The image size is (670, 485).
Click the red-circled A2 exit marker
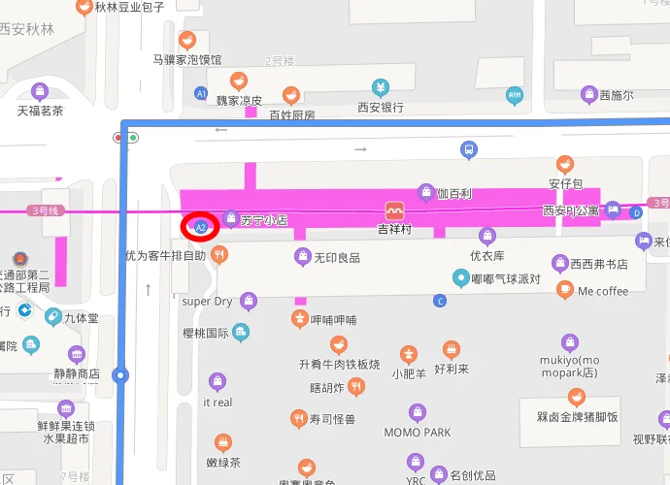[x=201, y=226]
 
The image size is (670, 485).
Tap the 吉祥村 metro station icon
[x=394, y=210]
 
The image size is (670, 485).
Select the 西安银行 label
[x=381, y=108]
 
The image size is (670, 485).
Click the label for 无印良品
[x=337, y=257]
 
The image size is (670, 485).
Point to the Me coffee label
[x=603, y=291]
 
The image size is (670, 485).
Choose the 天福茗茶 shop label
[x=40, y=111]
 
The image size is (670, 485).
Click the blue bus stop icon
[x=469, y=149]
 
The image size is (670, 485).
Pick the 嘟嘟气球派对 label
[x=506, y=278]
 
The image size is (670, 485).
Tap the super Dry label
[x=208, y=302]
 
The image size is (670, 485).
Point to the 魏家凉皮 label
[x=239, y=100]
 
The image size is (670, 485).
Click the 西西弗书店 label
[x=598, y=264]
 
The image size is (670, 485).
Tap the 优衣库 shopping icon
[x=487, y=236]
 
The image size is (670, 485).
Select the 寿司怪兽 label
[x=332, y=420]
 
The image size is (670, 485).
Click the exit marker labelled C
[x=440, y=301]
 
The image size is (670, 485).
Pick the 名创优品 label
[x=473, y=476]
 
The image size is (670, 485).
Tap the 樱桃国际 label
[x=205, y=333]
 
